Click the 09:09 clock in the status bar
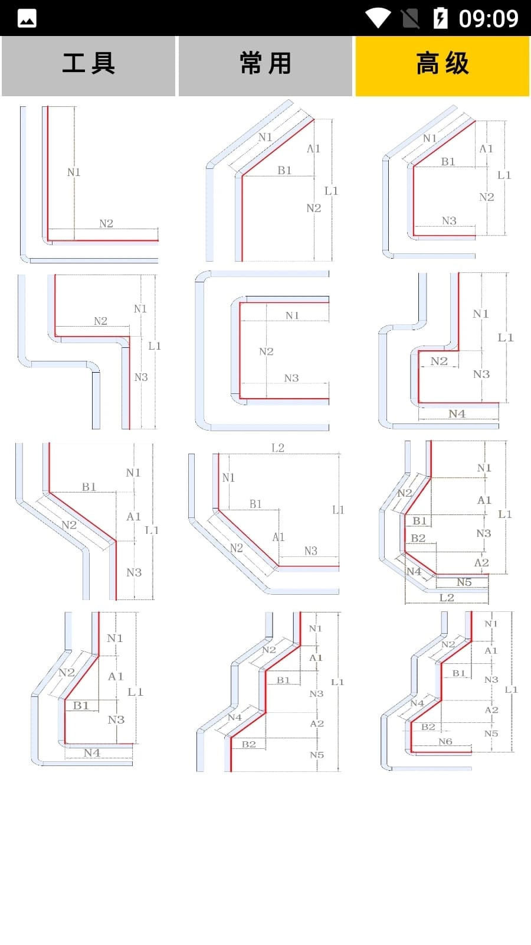489,18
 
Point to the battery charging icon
440,18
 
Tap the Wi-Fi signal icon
378,18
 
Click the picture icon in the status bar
27,18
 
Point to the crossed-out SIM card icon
410,18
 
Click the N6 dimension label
445,742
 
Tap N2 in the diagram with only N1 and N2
106,224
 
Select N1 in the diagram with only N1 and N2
74,172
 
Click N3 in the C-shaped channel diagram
291,378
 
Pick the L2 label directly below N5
447,598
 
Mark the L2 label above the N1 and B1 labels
278,448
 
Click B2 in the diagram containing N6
428,727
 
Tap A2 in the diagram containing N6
491,710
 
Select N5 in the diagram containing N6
491,734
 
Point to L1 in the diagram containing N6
511,690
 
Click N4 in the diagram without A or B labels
457,414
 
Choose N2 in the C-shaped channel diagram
266,351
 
